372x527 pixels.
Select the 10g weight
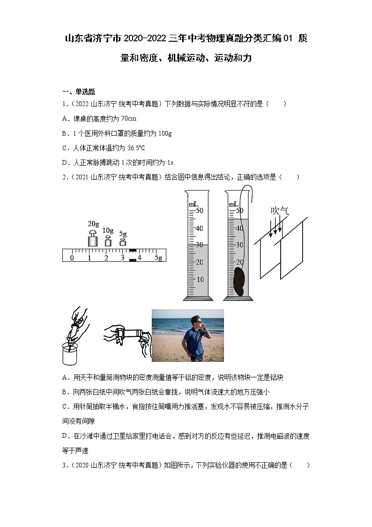[108, 241]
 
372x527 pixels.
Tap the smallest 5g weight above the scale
[123, 242]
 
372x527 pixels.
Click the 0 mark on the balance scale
[72, 258]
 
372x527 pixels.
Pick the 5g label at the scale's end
[158, 258]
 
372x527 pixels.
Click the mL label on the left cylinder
[193, 205]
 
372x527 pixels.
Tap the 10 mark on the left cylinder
[200, 279]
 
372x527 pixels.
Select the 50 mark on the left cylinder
[200, 211]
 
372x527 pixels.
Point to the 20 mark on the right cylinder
[239, 262]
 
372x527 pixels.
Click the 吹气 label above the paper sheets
[280, 211]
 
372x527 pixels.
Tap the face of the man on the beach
[195, 321]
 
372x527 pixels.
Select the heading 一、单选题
[79, 92]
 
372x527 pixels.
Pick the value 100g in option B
[165, 133]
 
